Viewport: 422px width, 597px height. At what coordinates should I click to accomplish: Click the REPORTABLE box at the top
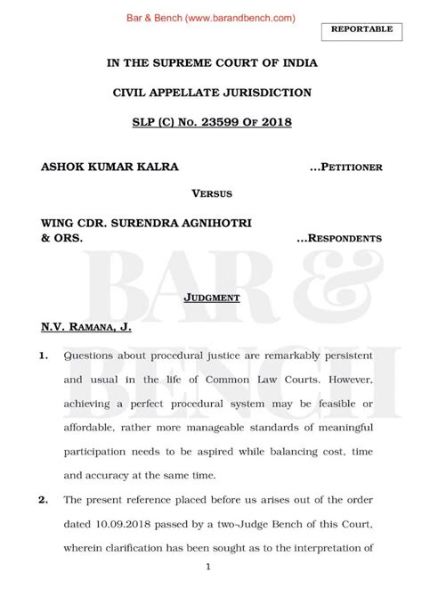[361, 29]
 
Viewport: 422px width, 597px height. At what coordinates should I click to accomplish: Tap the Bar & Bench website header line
[210, 17]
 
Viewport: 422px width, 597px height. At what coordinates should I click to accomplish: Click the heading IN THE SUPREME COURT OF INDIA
[212, 63]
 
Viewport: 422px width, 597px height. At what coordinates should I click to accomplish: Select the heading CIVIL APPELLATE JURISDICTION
[212, 92]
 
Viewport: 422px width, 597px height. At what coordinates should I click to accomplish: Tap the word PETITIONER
[351, 167]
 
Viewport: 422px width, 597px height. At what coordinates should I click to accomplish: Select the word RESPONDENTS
[345, 239]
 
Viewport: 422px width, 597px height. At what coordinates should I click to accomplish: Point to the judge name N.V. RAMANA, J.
[86, 328]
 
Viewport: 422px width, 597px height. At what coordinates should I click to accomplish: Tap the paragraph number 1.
[45, 356]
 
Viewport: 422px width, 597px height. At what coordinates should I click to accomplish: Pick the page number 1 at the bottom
[207, 567]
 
